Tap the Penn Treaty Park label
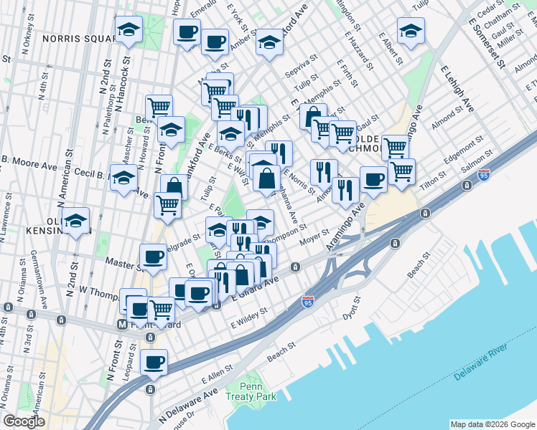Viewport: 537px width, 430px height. click(257, 392)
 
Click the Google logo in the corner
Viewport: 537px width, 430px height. click(24, 421)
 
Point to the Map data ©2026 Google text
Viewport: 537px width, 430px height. click(492, 424)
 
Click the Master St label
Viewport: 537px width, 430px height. click(121, 264)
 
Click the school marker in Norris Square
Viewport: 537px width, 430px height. click(129, 30)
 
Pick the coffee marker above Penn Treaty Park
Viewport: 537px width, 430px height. click(154, 362)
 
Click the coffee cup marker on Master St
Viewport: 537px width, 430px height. click(151, 257)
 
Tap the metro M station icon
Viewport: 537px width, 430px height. click(122, 324)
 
